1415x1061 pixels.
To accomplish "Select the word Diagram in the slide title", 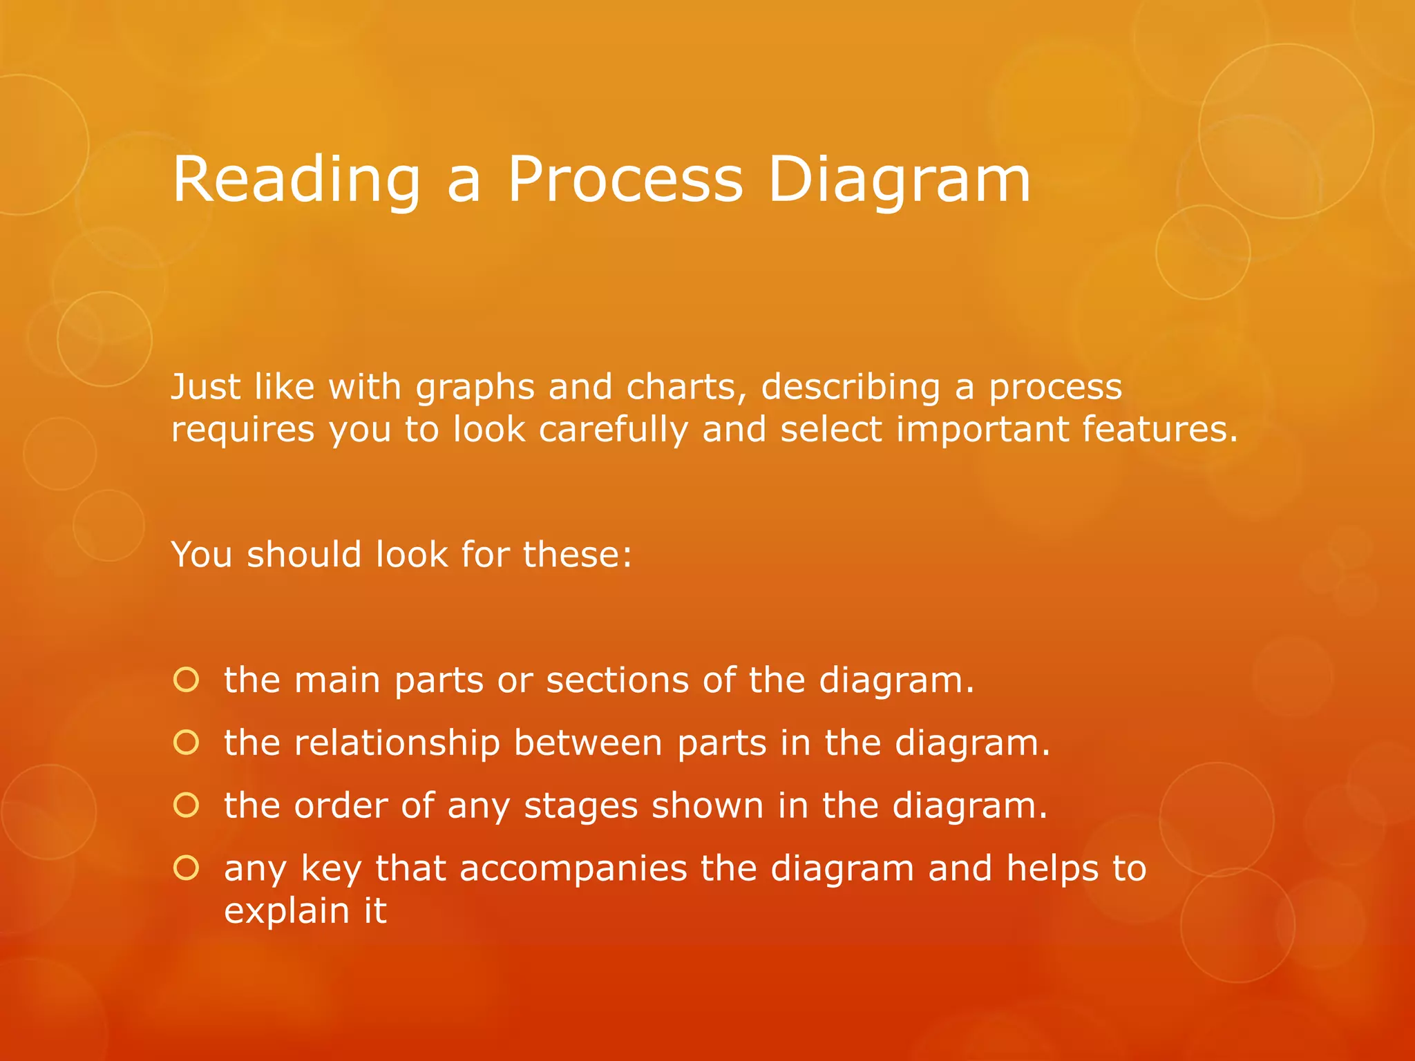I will click(899, 181).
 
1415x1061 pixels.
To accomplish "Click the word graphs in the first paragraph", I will click(475, 387).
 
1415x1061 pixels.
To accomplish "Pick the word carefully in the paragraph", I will click(614, 430).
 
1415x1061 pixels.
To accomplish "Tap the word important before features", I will click(982, 430).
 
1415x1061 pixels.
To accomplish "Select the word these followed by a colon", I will click(577, 555).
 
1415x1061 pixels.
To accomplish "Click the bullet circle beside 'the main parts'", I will click(187, 680).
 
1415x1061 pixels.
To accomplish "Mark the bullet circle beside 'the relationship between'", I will click(187, 743).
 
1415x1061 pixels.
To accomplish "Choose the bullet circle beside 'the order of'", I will click(187, 805).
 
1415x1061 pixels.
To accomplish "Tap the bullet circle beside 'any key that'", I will click(187, 868).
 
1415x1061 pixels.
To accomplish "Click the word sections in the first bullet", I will click(617, 680).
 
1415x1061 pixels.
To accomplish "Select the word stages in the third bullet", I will click(580, 807).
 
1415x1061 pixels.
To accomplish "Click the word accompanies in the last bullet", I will click(573, 869).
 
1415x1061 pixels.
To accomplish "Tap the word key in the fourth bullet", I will click(331, 869).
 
